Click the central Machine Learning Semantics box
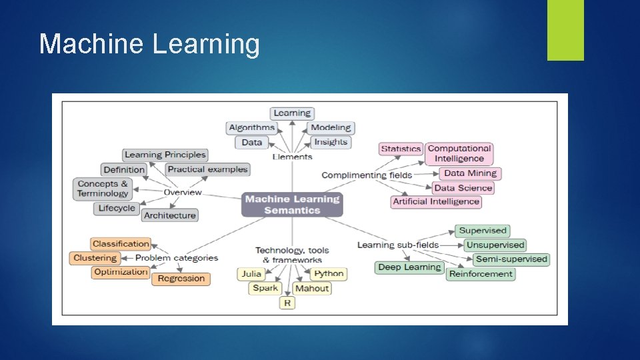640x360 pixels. [x=292, y=205]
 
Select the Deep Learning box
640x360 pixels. [x=409, y=267]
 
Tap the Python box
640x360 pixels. [x=329, y=273]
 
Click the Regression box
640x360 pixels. [x=181, y=279]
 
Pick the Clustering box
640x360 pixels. [x=95, y=258]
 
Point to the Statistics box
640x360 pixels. [x=401, y=149]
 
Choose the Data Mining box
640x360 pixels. [x=470, y=173]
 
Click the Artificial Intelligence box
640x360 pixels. [x=436, y=201]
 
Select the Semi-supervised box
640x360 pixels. [x=511, y=259]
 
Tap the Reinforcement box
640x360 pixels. [x=481, y=273]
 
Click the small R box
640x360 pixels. [x=287, y=303]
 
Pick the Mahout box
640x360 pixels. [x=312, y=288]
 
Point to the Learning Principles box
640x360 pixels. [x=165, y=155]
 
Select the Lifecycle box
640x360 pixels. [x=117, y=208]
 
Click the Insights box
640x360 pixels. [x=331, y=142]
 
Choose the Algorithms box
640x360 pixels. [x=251, y=127]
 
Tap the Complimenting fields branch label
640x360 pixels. [x=367, y=175]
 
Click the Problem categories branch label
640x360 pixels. [x=177, y=258]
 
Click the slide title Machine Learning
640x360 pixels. [x=149, y=44]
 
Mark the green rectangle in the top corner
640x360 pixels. [x=565, y=29]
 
